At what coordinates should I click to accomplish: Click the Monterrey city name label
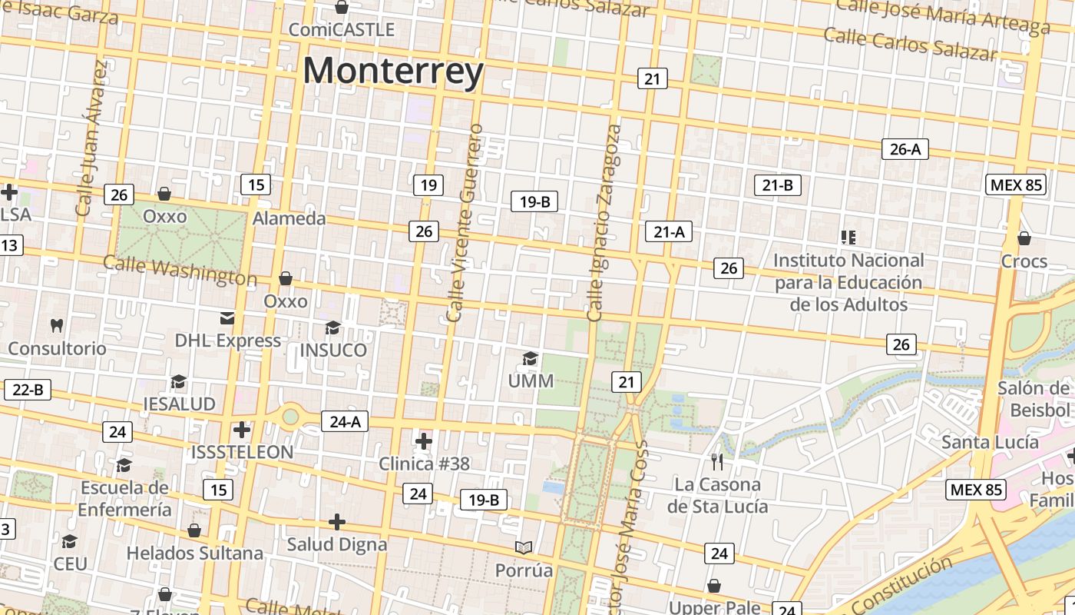point(393,71)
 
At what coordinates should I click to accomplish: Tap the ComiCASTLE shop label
point(342,30)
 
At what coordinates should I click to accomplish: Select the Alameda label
point(289,218)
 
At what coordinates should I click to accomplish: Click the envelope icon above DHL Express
point(227,318)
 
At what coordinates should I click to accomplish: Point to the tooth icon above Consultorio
point(56,325)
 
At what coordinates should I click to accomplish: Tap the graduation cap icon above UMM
point(530,358)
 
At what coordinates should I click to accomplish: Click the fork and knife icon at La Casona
point(717,461)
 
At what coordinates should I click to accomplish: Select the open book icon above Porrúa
point(524,547)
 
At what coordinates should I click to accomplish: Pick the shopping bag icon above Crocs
point(1024,238)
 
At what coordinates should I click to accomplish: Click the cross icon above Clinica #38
point(423,441)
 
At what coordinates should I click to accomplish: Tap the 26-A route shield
point(905,149)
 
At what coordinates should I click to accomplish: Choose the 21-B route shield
point(778,184)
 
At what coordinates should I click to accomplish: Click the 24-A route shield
point(345,421)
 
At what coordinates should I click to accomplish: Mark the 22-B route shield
point(28,390)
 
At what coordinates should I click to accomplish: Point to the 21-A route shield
point(669,231)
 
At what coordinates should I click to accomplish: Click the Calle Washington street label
point(180,271)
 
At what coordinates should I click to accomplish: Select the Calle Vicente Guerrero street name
point(466,223)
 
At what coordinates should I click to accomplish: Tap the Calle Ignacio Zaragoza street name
point(604,223)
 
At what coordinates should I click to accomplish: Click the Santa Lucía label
point(990,442)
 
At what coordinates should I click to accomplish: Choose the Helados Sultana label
point(194,553)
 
